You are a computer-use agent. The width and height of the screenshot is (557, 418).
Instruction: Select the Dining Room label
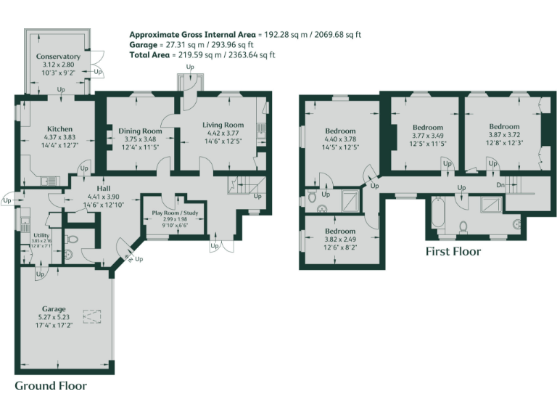[x=140, y=131]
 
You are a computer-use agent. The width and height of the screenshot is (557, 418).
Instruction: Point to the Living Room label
[x=222, y=125]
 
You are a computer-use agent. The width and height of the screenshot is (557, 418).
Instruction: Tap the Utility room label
[x=41, y=235]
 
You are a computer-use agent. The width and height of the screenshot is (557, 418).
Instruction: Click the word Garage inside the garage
[x=54, y=308]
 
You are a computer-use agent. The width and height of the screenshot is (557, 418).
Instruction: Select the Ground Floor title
[x=51, y=385]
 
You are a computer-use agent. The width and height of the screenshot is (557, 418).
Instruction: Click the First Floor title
[x=453, y=252]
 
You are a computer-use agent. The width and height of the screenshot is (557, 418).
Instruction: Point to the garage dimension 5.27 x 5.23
[x=54, y=316]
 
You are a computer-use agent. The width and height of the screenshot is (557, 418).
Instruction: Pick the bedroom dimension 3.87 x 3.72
[x=503, y=135]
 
